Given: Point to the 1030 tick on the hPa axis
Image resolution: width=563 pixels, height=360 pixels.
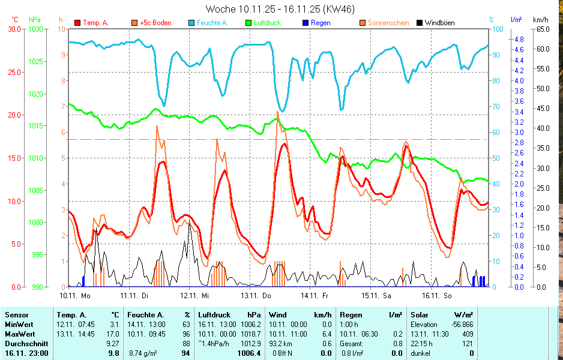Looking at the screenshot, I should click(x=36, y=29).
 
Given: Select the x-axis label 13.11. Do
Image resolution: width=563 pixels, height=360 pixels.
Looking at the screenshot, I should click(x=256, y=295).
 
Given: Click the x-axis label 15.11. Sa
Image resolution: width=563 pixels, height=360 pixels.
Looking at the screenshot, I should click(x=376, y=295).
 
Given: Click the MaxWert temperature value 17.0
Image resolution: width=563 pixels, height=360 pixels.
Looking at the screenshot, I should click(x=113, y=334).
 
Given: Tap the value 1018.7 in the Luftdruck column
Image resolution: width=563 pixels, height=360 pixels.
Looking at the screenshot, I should click(x=250, y=334).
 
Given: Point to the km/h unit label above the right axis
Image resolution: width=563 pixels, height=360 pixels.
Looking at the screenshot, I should click(x=540, y=19).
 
